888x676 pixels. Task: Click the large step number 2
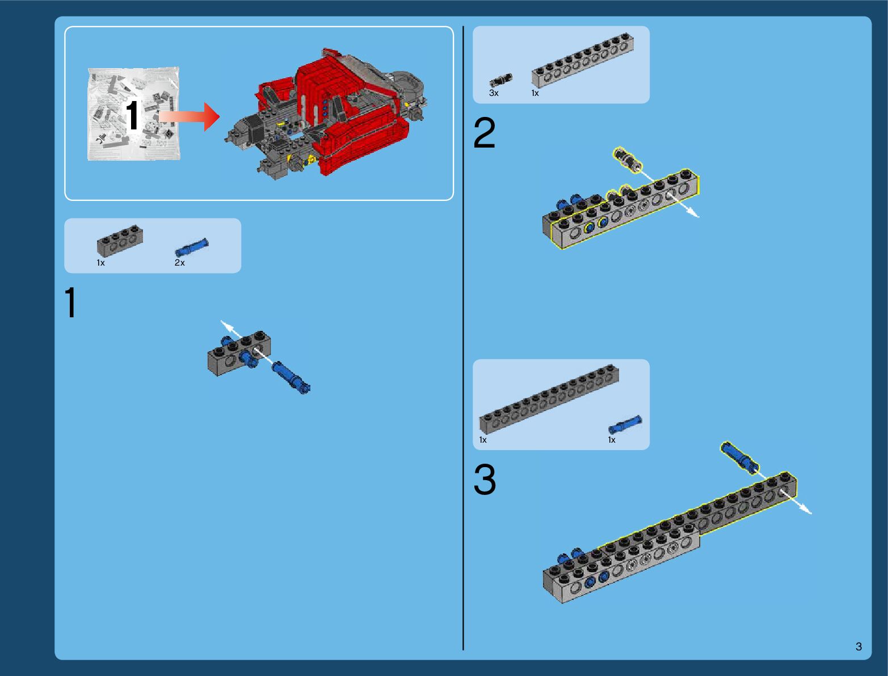pyautogui.click(x=484, y=132)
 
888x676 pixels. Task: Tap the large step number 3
pyautogui.click(x=484, y=479)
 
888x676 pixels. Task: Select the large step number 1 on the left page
pyautogui.click(x=70, y=302)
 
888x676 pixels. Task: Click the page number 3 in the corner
pyautogui.click(x=858, y=646)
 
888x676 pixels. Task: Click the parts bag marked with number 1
pyautogui.click(x=133, y=114)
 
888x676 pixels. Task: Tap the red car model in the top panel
pyautogui.click(x=326, y=114)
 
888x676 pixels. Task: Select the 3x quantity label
pyautogui.click(x=494, y=93)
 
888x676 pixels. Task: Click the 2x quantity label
pyautogui.click(x=180, y=263)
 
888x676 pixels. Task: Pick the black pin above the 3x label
pyautogui.click(x=501, y=79)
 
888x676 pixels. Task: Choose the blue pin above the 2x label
pyautogui.click(x=192, y=247)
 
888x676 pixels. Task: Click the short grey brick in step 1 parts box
pyautogui.click(x=120, y=241)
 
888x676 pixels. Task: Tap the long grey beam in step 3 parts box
pyautogui.click(x=549, y=399)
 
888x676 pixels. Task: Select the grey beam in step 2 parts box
pyautogui.click(x=583, y=60)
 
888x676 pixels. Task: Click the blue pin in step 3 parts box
pyautogui.click(x=625, y=425)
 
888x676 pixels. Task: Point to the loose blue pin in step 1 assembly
pyautogui.click(x=291, y=377)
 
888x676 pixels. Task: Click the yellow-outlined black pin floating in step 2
pyautogui.click(x=627, y=160)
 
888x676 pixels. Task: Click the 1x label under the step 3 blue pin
pyautogui.click(x=612, y=440)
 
